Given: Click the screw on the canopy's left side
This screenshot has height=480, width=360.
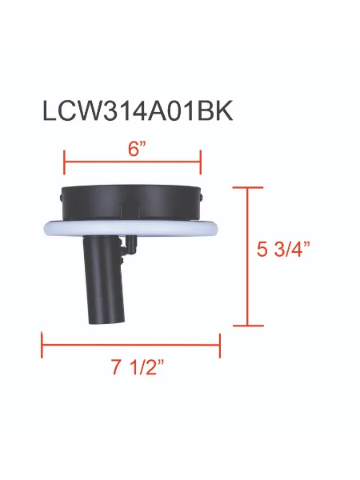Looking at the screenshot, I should click(61, 194).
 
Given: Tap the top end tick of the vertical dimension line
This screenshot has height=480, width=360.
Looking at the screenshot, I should click(247, 186).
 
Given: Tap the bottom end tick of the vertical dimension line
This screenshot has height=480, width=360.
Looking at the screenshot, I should click(247, 326).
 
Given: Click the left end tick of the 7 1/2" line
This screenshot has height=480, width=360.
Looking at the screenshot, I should click(42, 346).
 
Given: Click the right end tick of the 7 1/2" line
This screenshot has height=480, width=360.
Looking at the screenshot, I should click(220, 346).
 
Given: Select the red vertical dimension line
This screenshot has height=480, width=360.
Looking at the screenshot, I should click(247, 256).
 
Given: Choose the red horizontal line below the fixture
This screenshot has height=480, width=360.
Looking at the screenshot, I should click(131, 346).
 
